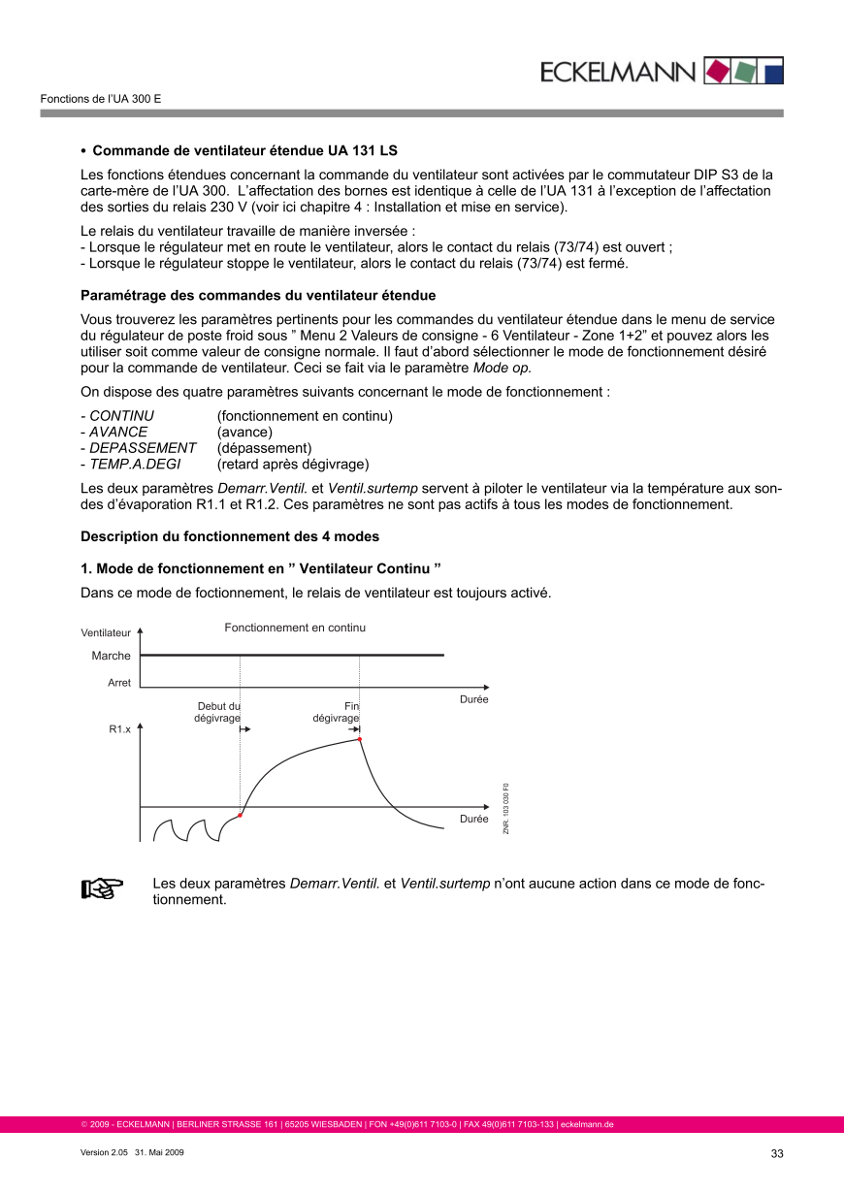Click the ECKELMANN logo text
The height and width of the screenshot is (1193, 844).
click(x=617, y=72)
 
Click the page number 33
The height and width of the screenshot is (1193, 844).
click(x=776, y=1153)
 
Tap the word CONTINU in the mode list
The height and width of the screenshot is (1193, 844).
click(x=121, y=416)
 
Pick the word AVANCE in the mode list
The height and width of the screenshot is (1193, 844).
click(x=118, y=432)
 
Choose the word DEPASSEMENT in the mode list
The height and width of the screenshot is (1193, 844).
click(x=143, y=448)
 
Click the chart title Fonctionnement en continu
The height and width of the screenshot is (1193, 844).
click(x=295, y=628)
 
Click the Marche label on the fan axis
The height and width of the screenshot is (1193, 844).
click(x=111, y=656)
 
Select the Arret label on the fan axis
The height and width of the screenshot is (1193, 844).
click(x=118, y=683)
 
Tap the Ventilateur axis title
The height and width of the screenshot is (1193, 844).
click(x=106, y=633)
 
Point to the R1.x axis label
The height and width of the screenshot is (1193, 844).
click(x=119, y=727)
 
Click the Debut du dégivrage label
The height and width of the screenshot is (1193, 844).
click(x=218, y=712)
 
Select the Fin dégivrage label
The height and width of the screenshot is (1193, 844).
click(x=337, y=712)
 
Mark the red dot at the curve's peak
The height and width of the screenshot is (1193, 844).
click(x=360, y=739)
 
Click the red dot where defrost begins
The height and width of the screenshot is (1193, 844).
click(x=240, y=816)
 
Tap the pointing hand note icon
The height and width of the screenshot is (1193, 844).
click(x=102, y=888)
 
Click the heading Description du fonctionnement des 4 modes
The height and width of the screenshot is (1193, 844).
click(x=230, y=536)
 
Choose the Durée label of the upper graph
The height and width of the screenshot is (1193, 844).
click(x=473, y=699)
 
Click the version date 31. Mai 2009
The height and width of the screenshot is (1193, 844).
click(x=160, y=1153)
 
